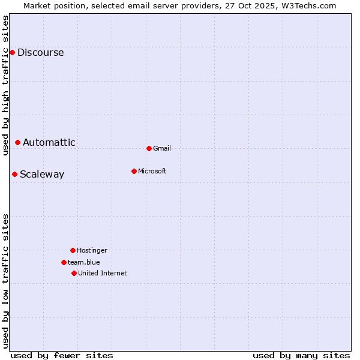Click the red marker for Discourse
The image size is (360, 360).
(x=12, y=53)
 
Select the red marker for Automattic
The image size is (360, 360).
(x=18, y=142)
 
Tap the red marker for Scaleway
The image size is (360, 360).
(x=15, y=175)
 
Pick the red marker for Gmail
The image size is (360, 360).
(x=149, y=148)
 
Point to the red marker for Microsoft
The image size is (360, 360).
(x=134, y=171)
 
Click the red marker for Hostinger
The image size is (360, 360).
(x=73, y=250)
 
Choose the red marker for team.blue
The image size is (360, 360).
(x=64, y=262)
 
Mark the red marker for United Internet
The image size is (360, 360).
(x=74, y=273)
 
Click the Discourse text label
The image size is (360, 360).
(x=40, y=53)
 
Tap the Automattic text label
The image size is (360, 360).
(x=49, y=143)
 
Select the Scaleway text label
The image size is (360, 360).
(x=42, y=175)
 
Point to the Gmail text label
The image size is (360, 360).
(x=162, y=149)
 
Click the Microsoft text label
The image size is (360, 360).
(x=152, y=172)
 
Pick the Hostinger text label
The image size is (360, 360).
(x=92, y=251)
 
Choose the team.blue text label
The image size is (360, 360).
(x=84, y=263)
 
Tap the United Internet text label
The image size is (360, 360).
(x=103, y=274)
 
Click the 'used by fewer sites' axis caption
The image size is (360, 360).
(x=62, y=355)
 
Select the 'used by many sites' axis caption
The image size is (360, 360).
(x=301, y=355)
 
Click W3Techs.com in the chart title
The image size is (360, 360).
(x=306, y=5)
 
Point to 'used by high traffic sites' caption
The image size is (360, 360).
(x=6, y=86)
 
